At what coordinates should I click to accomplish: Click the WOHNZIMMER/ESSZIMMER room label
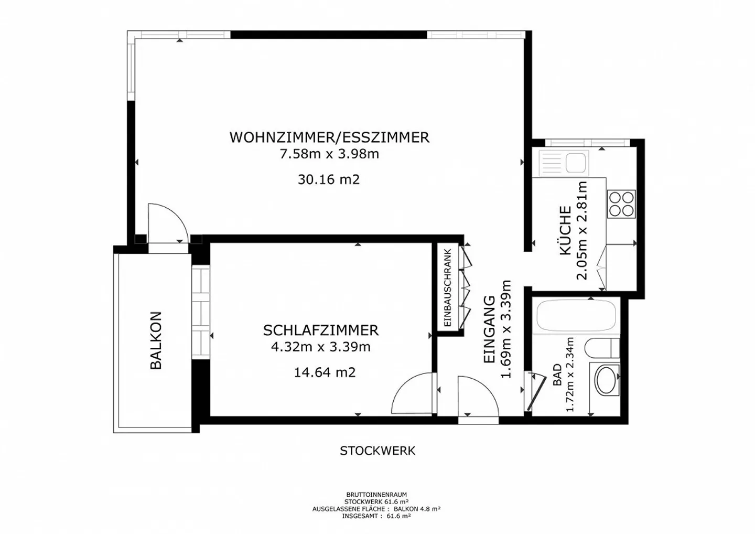tap(329, 137)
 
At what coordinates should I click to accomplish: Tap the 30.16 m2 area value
tap(329, 179)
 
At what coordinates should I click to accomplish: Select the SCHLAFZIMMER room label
tap(320, 330)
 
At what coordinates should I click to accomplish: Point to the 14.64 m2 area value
tap(325, 372)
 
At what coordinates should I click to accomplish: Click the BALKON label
tap(156, 340)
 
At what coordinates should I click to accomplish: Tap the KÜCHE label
tap(565, 230)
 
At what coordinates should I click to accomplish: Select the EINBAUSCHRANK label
tap(447, 288)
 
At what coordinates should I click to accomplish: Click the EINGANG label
tap(489, 329)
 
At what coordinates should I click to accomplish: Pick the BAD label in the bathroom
tap(557, 375)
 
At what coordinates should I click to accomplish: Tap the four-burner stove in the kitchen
tap(621, 204)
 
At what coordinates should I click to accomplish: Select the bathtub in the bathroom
tap(576, 316)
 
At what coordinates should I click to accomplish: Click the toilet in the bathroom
tap(603, 348)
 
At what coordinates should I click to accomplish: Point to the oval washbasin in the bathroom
tap(607, 380)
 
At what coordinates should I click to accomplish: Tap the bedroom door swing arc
tap(413, 393)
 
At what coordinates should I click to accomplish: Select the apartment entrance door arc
tap(478, 396)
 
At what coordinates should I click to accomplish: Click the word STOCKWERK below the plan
tap(377, 451)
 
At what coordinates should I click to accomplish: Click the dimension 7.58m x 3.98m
tap(329, 154)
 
